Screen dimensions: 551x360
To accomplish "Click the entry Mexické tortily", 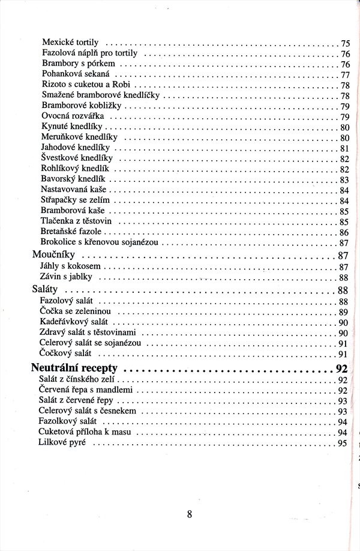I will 71,43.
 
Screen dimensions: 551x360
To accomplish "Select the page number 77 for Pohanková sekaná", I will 344,75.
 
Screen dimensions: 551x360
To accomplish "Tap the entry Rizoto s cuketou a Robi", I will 81,85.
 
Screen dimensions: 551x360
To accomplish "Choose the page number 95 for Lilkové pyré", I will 343,444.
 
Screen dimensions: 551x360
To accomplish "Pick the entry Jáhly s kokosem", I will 71,266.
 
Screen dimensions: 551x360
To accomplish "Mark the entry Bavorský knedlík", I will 73,179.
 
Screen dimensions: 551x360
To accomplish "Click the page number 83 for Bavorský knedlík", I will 344,179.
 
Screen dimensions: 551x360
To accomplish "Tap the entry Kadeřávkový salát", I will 74,322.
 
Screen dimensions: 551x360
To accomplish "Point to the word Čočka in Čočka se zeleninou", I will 50,312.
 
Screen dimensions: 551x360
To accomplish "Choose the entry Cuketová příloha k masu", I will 88,432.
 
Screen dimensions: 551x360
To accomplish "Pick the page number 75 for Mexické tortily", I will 345,43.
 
